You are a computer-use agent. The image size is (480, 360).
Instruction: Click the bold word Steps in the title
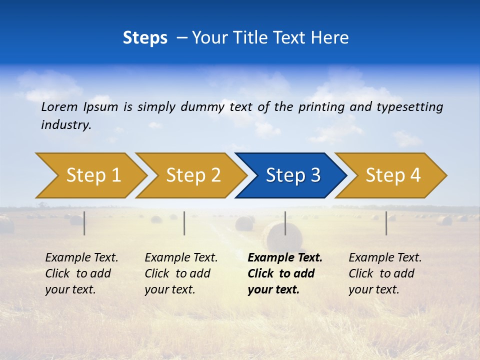click(x=145, y=38)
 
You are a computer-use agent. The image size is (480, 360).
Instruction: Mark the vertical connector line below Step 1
click(x=84, y=223)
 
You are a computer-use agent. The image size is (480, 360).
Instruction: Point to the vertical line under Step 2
click(x=184, y=223)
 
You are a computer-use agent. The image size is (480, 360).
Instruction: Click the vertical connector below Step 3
click(x=285, y=223)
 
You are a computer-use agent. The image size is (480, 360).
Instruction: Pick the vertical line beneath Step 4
click(x=386, y=223)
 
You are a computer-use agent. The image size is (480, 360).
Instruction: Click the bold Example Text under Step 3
click(x=284, y=273)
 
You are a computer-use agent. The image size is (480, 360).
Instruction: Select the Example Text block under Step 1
click(x=81, y=273)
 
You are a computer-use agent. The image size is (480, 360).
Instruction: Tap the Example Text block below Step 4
click(x=384, y=273)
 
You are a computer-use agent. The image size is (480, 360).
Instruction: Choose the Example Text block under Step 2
click(x=181, y=273)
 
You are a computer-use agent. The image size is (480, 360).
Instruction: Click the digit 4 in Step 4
click(x=415, y=175)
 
